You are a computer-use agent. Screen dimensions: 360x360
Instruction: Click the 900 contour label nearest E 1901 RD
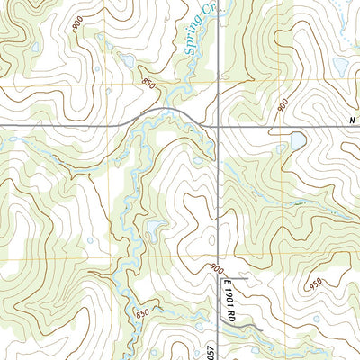pos(216,267)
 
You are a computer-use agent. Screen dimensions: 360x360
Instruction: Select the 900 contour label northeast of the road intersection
pos(284,106)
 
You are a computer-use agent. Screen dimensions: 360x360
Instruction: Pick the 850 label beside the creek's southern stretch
pos(141,312)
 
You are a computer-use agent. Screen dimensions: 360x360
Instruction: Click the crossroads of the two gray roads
pos(218,125)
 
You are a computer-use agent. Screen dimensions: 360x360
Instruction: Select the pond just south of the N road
pos(296,142)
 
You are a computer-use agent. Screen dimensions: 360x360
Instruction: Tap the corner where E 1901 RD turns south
pos(221,280)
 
